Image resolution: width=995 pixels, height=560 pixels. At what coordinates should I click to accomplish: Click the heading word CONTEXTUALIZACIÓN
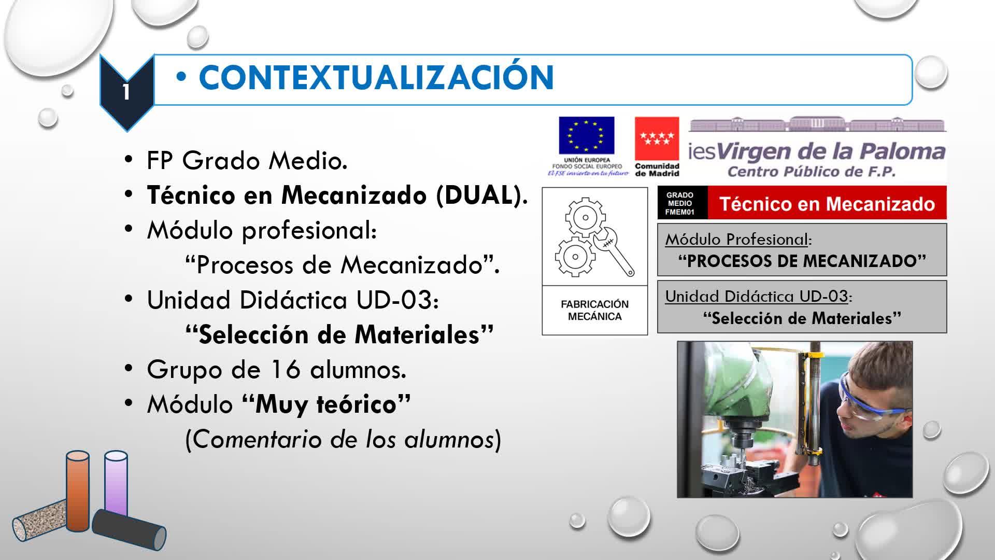point(377,78)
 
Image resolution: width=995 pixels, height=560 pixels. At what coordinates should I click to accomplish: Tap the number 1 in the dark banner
point(126,92)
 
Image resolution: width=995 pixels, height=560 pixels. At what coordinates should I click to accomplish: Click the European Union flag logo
point(586,135)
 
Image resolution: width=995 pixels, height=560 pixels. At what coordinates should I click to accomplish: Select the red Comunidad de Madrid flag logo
point(657,138)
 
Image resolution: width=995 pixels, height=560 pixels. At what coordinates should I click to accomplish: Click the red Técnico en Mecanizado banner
point(827,203)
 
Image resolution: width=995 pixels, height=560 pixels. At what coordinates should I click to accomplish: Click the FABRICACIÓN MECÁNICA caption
point(594,310)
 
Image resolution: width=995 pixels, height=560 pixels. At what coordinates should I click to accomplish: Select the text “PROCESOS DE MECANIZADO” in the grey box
point(802,261)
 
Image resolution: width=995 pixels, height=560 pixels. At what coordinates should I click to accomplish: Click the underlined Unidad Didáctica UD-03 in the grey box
point(757,296)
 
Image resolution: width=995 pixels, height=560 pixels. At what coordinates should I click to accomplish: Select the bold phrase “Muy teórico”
point(326,404)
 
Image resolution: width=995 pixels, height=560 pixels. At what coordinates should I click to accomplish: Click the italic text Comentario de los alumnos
point(343,439)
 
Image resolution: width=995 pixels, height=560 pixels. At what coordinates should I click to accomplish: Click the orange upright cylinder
point(78,491)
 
